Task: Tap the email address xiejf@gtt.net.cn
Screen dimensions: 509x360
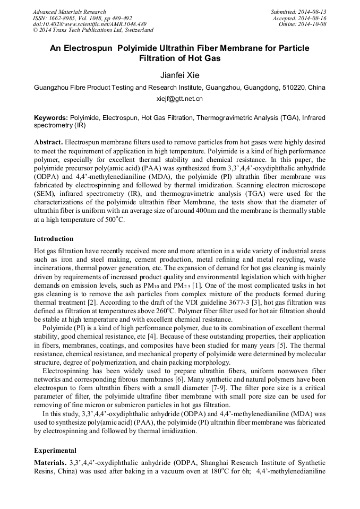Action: click(x=179, y=99)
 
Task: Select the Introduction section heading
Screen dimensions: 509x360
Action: click(x=54, y=239)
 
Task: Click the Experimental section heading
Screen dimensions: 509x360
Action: click(x=55, y=450)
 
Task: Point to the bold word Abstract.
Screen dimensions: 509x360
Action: click(x=49, y=143)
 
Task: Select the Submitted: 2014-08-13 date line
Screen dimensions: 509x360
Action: click(x=298, y=12)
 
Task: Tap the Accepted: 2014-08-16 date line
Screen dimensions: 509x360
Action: click(x=299, y=18)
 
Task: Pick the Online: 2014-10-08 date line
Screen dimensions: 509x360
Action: click(x=303, y=24)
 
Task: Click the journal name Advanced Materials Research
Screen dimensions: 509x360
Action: click(x=70, y=12)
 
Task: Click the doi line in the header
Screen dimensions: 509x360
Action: click(x=89, y=24)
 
